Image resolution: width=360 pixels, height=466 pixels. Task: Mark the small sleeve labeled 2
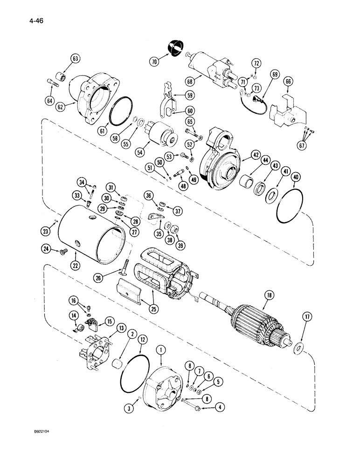[121, 364]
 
